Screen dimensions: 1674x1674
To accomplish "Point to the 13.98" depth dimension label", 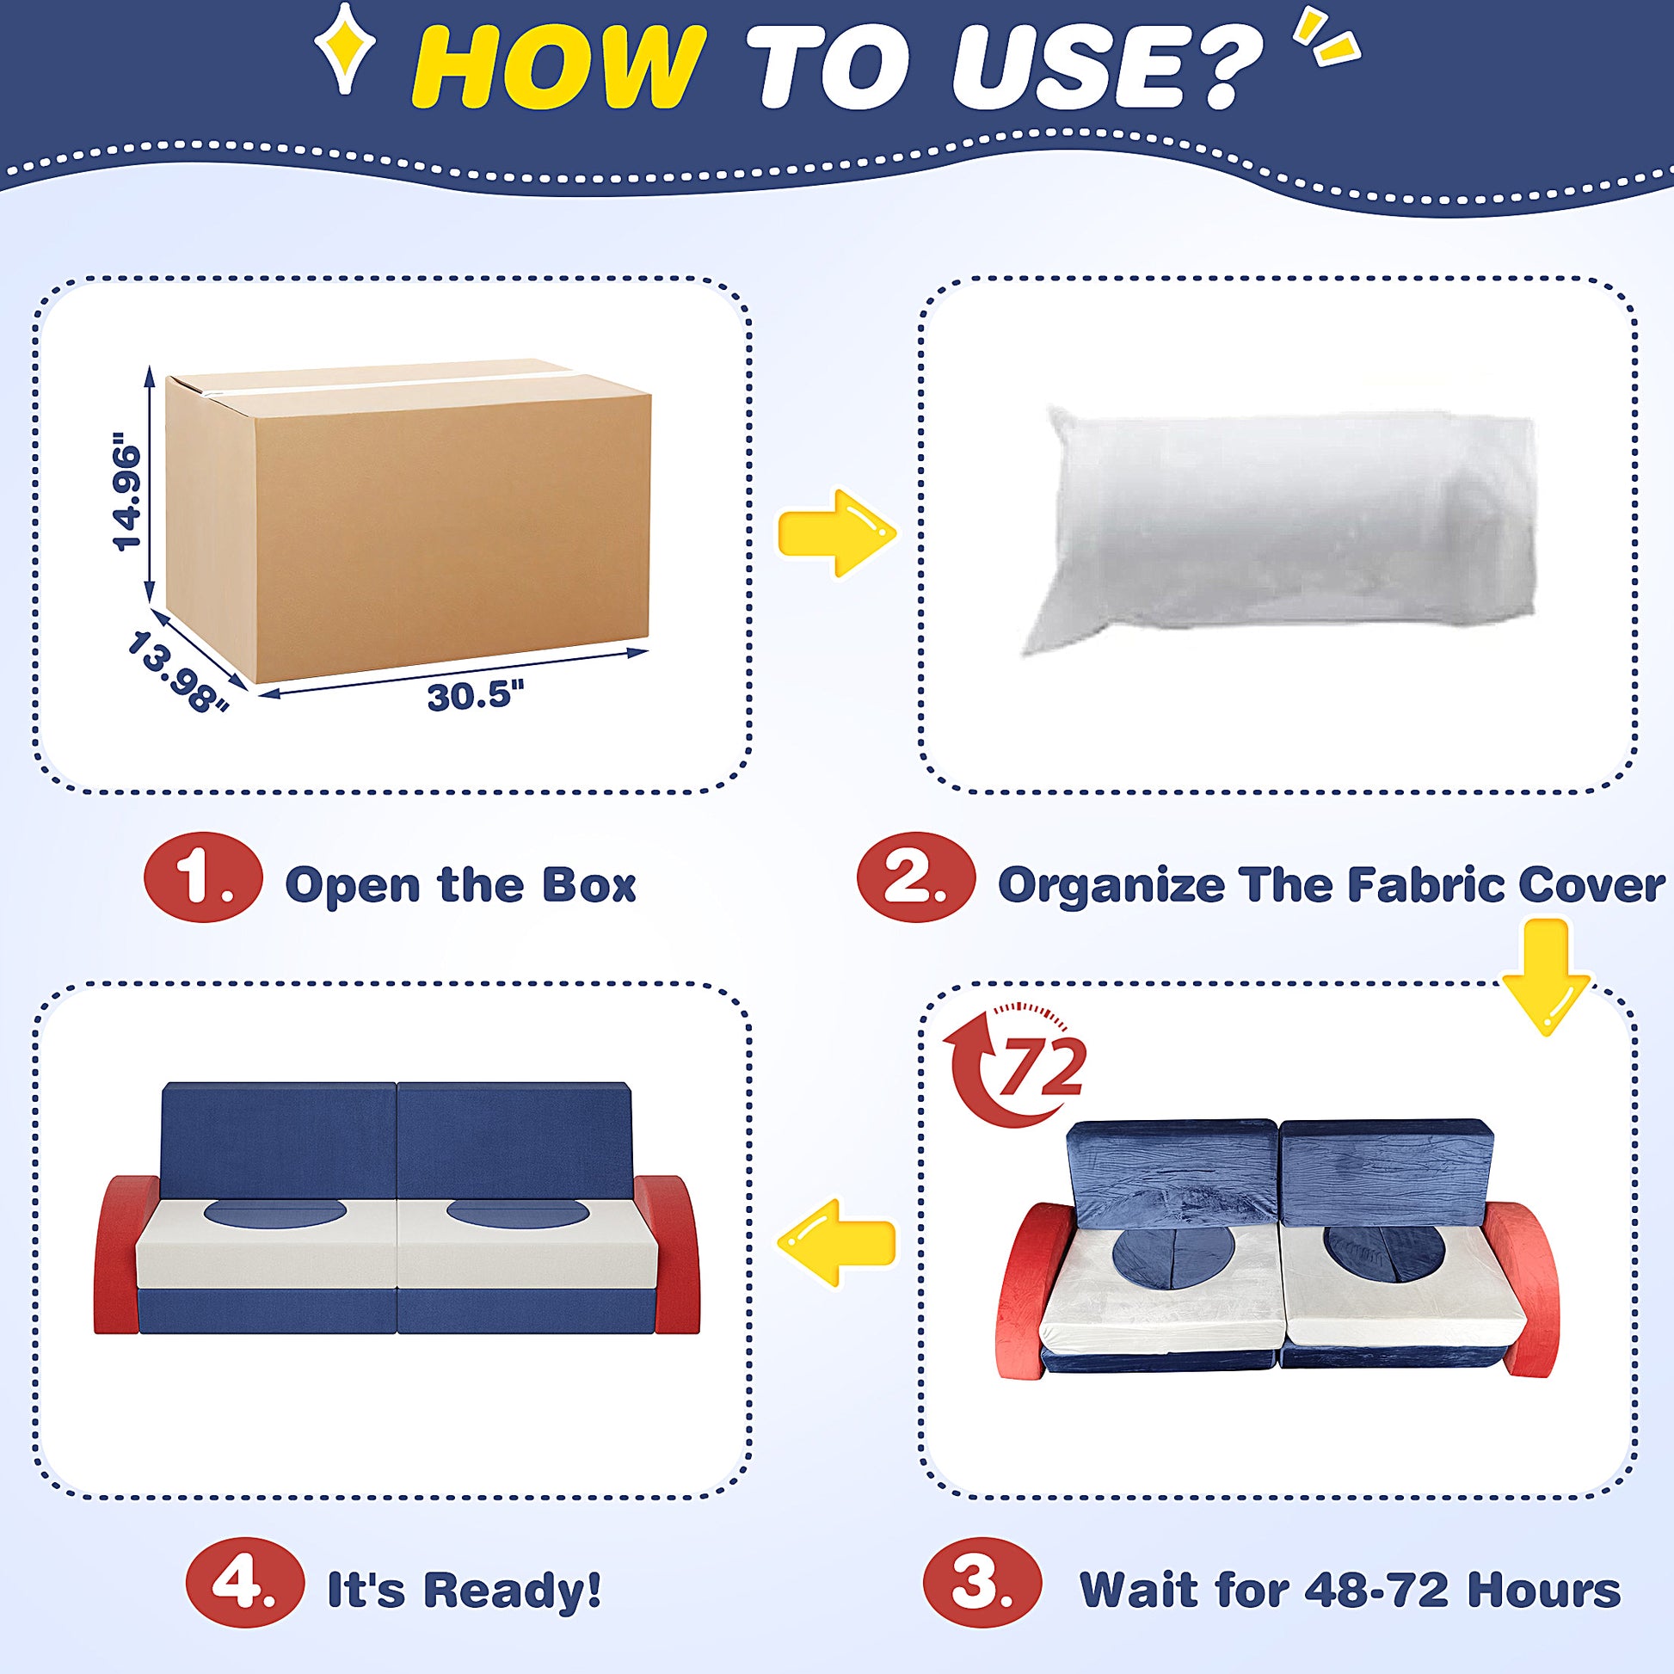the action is pos(178,672).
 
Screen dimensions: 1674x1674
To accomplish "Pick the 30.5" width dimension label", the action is pos(475,696).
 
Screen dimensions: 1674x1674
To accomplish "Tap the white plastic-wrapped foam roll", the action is pos(1279,529).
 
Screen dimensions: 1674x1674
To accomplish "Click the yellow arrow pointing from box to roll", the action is pos(835,532).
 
